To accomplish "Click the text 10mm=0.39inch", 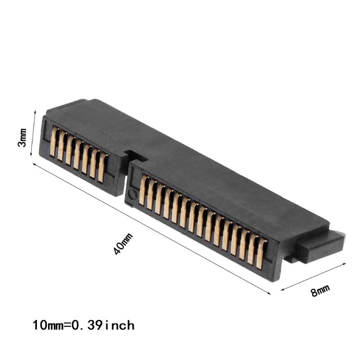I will [x=84, y=324].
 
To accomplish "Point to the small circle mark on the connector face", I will [x=131, y=194].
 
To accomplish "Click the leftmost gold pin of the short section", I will [x=54, y=141].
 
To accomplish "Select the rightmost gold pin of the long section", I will [x=261, y=254].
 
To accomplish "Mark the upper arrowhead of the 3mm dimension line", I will [x=35, y=111].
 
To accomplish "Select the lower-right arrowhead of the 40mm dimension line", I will [x=270, y=294].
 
